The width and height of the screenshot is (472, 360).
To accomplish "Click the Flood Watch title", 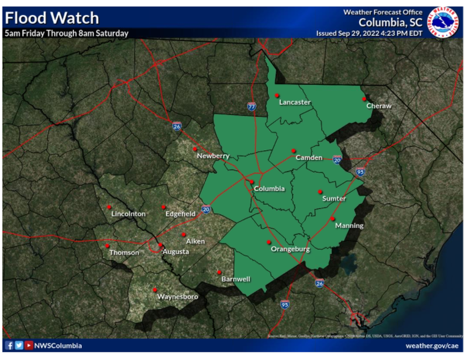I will [52, 18].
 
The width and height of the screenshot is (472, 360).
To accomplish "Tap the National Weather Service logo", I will [443, 22].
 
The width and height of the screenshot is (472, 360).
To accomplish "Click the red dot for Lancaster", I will [277, 95].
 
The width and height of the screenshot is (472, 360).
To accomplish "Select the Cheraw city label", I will [379, 106].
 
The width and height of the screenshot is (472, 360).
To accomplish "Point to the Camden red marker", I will [293, 150].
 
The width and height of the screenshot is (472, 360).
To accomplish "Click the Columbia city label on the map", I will [269, 188].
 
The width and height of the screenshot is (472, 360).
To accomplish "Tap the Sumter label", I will [334, 198].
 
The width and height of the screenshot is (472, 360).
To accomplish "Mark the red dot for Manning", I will [332, 218].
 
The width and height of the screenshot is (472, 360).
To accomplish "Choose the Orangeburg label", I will [290, 249].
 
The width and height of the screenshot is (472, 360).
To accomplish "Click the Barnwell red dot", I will [219, 272].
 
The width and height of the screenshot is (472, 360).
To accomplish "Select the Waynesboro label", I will [177, 297].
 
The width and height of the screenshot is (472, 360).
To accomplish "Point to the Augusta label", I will [176, 251].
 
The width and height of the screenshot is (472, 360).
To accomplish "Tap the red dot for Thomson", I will [108, 245].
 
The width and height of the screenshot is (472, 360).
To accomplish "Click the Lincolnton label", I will [128, 214].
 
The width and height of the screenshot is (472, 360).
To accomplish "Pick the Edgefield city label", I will [181, 214].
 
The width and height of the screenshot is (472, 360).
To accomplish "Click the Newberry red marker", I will [195, 149].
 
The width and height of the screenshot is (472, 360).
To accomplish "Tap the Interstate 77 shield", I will [251, 106].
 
